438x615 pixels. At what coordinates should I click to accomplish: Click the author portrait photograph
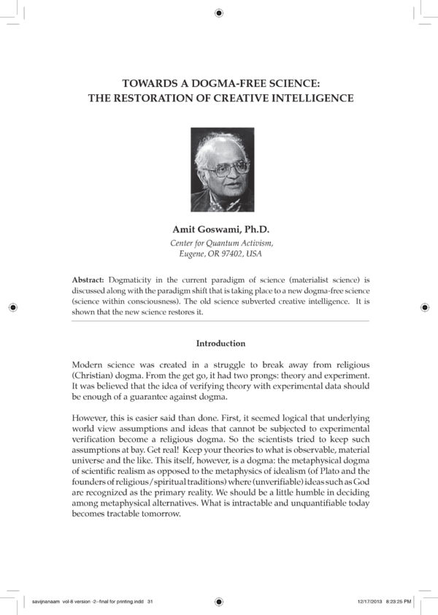click(x=222, y=170)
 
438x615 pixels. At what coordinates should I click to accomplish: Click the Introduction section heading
click(x=221, y=343)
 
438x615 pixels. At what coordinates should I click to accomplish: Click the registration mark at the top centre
click(x=220, y=12)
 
